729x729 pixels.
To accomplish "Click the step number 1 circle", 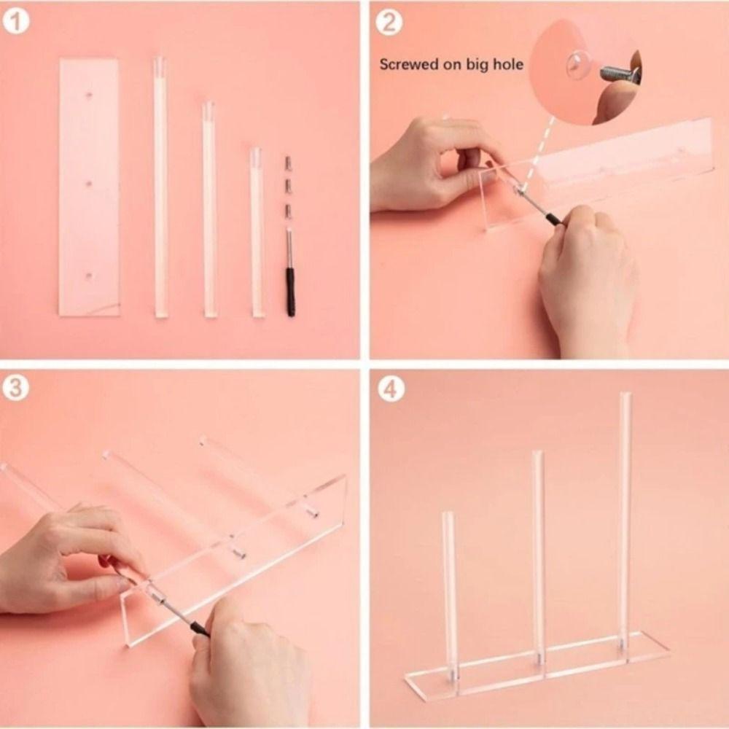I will point(16,22).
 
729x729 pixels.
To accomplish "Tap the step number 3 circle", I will point(16,388).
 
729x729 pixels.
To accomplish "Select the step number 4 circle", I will point(391,389).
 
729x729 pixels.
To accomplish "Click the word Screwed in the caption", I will point(409,64).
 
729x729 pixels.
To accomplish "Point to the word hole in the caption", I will point(508,64).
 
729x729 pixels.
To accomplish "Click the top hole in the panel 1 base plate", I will point(90,95).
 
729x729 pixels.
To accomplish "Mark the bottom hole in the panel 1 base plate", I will point(90,275).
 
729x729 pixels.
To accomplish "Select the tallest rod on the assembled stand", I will point(625,518).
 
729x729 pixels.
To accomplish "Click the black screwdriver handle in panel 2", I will point(552,218).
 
